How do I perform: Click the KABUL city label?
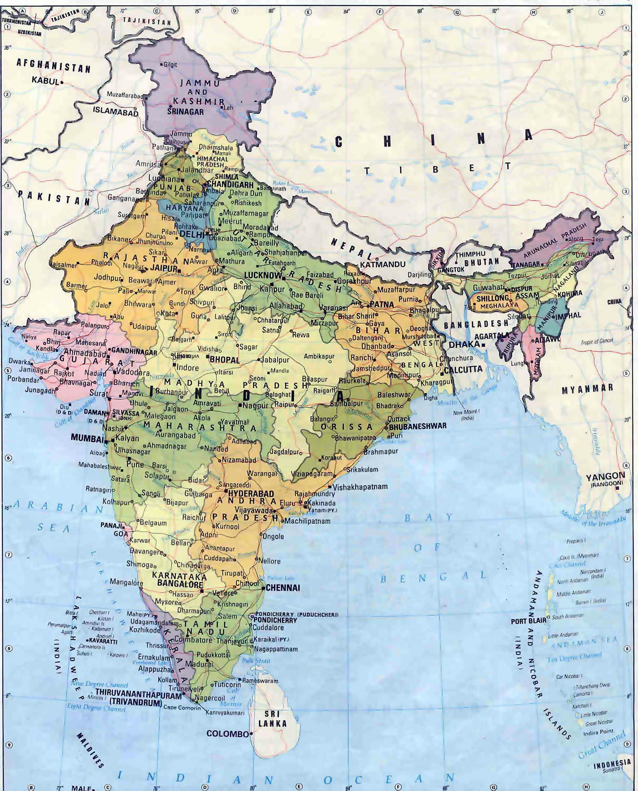[45, 80]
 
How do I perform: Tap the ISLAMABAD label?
[116, 112]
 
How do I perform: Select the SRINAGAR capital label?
[185, 112]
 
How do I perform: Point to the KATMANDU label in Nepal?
[382, 264]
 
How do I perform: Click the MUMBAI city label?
[87, 438]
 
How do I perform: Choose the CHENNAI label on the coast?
[283, 588]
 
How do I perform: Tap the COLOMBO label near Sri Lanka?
[227, 734]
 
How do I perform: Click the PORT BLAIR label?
[528, 621]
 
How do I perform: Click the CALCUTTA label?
[463, 369]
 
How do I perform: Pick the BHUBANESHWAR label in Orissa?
[417, 426]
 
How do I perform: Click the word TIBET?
[437, 169]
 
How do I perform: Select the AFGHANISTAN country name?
[53, 65]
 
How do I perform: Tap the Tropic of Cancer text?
[597, 341]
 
